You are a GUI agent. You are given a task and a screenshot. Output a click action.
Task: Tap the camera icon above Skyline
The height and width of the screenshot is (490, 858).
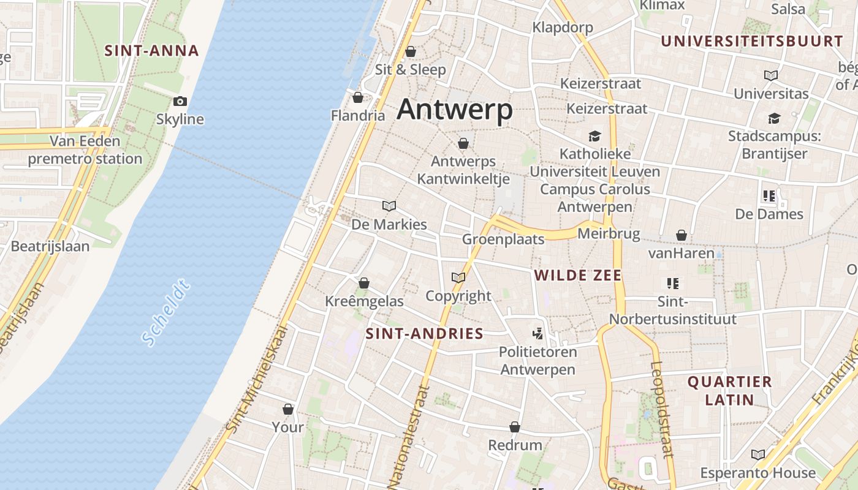[180, 101]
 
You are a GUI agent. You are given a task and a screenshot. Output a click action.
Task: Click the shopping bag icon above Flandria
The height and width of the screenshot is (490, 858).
[358, 98]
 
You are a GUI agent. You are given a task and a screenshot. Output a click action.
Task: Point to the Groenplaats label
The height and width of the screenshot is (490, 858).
[503, 239]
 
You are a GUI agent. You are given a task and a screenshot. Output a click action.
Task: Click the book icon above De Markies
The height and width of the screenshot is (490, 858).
[389, 206]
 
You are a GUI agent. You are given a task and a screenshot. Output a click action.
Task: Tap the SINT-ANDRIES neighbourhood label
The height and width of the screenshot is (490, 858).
[424, 334]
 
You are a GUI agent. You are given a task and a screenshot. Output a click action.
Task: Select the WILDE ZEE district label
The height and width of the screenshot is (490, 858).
[578, 276]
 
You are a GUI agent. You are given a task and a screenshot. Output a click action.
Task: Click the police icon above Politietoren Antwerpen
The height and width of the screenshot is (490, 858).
[538, 334]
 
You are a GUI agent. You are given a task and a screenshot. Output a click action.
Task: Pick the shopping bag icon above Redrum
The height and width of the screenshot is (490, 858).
[515, 427]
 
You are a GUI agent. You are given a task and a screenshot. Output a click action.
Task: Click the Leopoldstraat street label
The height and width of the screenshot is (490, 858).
[662, 409]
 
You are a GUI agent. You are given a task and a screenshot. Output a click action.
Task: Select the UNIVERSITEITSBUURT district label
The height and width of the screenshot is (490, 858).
[752, 42]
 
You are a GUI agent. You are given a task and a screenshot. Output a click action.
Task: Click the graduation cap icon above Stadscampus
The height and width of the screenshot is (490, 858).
[774, 118]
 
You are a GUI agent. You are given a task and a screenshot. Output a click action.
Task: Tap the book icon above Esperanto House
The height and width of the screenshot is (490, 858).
[758, 455]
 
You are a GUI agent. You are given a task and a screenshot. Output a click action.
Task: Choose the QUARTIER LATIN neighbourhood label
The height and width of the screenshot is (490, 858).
[729, 391]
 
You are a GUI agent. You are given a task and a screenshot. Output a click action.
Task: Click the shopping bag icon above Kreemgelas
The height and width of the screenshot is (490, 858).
[364, 283]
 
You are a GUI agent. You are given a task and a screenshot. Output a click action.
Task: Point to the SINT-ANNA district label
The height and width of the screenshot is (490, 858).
[151, 51]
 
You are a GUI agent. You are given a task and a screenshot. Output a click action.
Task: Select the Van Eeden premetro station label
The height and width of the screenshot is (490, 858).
[85, 150]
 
